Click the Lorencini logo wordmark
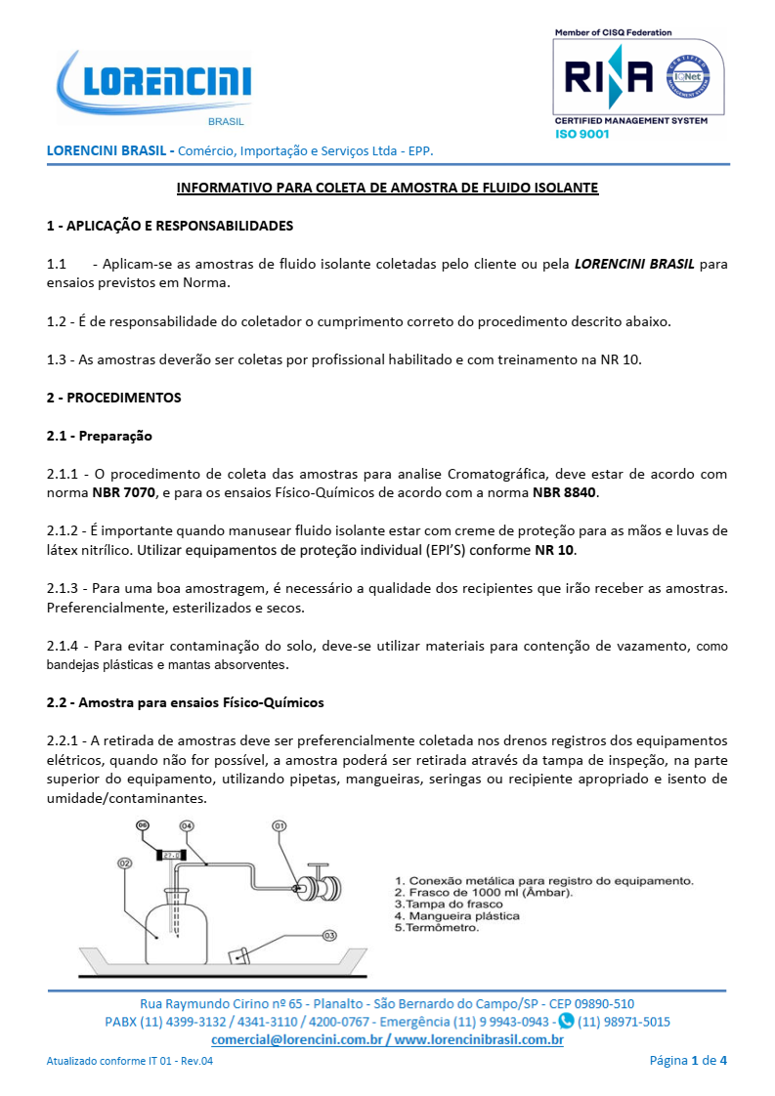(x=167, y=83)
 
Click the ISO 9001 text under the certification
(x=581, y=134)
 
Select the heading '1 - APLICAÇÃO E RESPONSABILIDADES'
(x=170, y=226)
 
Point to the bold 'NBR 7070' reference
(x=124, y=492)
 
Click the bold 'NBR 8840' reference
(x=564, y=492)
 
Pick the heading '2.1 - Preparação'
(x=100, y=436)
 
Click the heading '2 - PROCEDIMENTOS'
(x=113, y=398)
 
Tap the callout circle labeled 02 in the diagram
(x=125, y=864)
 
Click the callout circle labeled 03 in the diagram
(x=329, y=935)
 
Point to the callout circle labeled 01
(x=279, y=826)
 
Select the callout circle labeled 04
(x=187, y=826)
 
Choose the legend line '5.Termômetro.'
(x=436, y=928)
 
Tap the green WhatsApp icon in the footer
(x=565, y=1022)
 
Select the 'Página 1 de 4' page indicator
(x=688, y=1060)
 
